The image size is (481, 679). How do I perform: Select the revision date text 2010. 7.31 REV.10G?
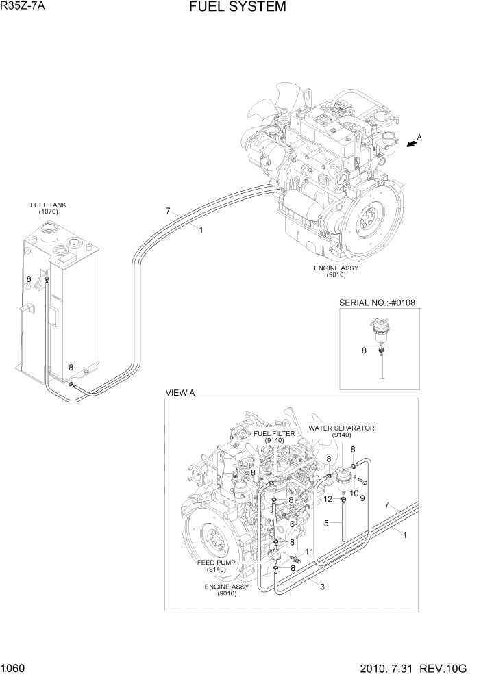tap(420, 669)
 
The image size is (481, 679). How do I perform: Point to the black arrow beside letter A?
tap(410, 143)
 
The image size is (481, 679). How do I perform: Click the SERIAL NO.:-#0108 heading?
tap(379, 303)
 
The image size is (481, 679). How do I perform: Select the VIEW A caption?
tap(181, 393)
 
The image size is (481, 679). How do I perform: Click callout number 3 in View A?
tap(321, 585)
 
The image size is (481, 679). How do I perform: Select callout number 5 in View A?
tap(327, 523)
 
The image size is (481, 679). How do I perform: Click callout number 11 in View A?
tap(309, 552)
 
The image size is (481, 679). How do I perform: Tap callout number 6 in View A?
tap(292, 524)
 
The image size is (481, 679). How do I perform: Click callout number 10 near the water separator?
tap(354, 493)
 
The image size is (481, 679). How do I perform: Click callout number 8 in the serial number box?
tap(365, 350)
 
